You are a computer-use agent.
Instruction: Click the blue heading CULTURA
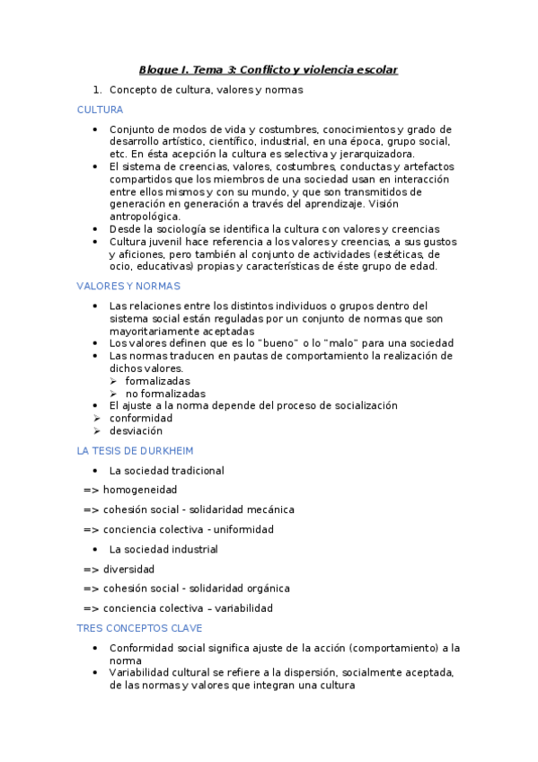point(100,110)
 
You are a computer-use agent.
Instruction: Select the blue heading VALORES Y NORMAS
point(128,286)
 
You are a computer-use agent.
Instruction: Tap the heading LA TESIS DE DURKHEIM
point(135,450)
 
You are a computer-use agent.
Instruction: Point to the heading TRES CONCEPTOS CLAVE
point(139,628)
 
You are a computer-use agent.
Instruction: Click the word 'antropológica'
point(145,217)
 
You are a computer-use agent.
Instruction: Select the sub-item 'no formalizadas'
point(165,393)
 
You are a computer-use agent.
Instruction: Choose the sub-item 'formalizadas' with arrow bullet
point(157,381)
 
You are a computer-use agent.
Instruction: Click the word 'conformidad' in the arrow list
point(140,418)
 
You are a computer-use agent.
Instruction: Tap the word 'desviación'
point(136,430)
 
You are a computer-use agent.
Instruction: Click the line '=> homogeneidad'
point(130,490)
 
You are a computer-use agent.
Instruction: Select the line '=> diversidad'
point(119,569)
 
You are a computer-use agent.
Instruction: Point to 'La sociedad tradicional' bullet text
point(166,470)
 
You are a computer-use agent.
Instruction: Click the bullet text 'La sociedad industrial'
point(163,549)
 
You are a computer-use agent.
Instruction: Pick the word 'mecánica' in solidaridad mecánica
point(270,509)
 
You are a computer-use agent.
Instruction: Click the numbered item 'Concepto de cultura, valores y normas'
point(206,90)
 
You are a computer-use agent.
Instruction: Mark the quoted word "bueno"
point(279,342)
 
